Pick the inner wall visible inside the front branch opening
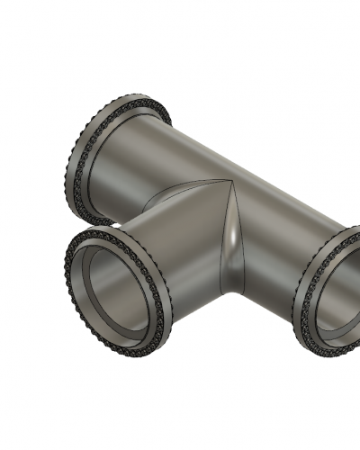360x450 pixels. tap(126, 306)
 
